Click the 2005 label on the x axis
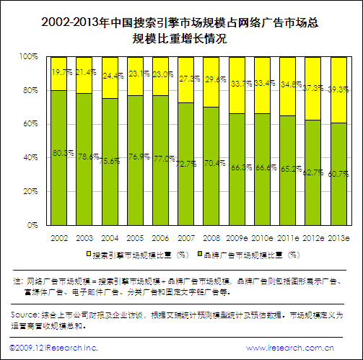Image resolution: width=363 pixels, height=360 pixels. [x=135, y=237]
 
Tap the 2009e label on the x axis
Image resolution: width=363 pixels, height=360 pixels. [x=237, y=237]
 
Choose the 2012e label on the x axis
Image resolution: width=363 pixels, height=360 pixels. [x=312, y=237]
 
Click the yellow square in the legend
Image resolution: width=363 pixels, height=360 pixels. [x=89, y=255]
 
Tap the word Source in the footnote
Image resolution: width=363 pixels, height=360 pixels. [x=26, y=315]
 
